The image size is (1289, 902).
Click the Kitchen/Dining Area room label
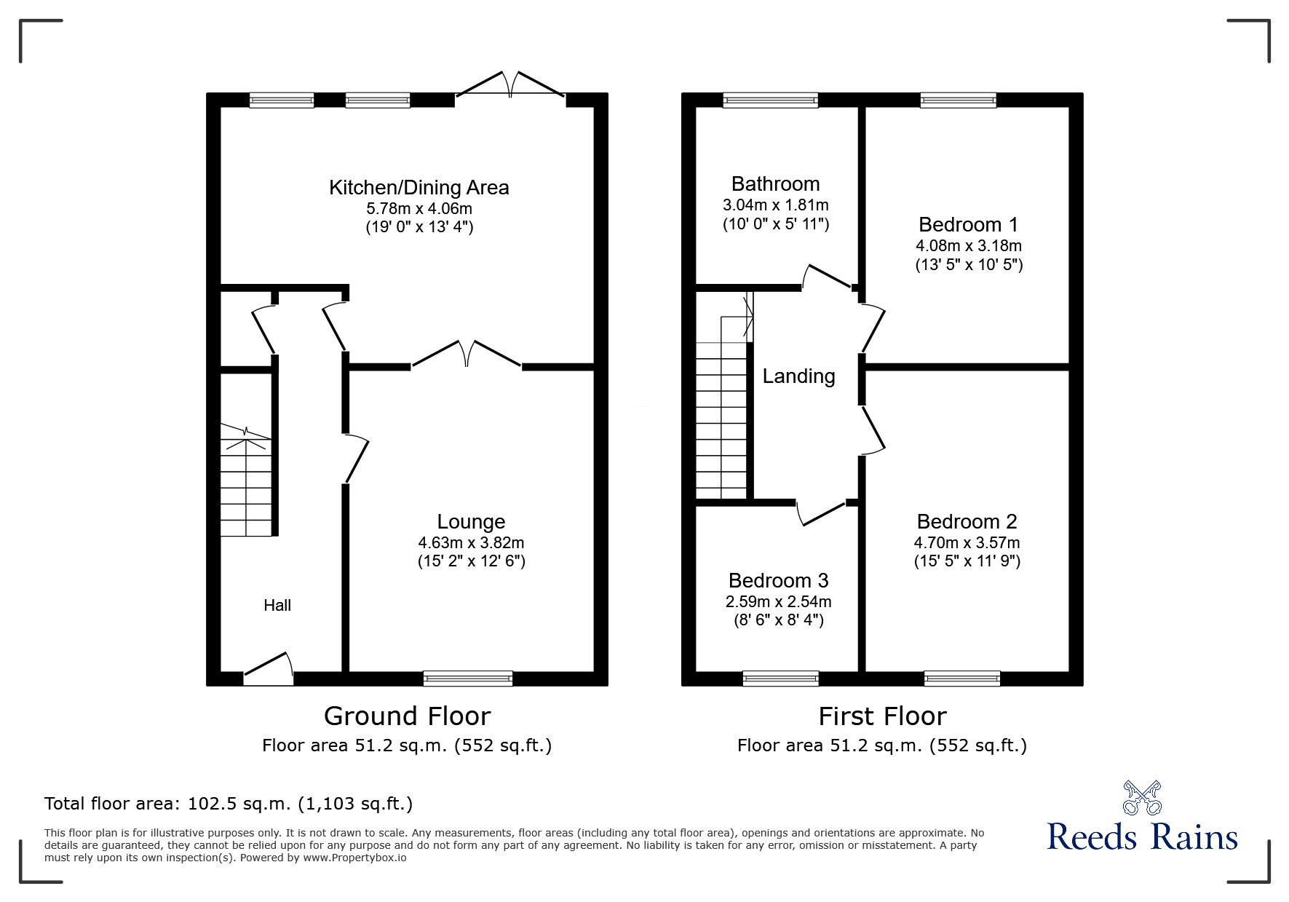[x=419, y=188]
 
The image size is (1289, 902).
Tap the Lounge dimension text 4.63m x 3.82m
[x=471, y=542]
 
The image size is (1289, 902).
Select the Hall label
[x=277, y=605]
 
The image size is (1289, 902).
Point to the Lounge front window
[x=468, y=679]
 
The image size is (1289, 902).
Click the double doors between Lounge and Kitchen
[x=467, y=355]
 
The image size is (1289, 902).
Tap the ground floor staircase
[x=247, y=482]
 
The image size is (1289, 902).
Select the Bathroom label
[x=775, y=184]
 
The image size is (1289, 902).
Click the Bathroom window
[x=771, y=100]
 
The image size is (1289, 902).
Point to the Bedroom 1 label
[x=968, y=224]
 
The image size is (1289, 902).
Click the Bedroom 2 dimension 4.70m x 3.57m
[x=967, y=542]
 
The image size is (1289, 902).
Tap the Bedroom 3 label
[x=778, y=580]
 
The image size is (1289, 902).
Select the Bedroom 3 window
[x=780, y=679]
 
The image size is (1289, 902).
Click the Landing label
[x=798, y=376]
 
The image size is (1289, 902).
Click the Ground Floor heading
[x=407, y=716]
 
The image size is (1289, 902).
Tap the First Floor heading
[x=882, y=716]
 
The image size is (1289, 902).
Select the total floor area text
[x=229, y=804]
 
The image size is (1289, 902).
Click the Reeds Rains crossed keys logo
[x=1142, y=797]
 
